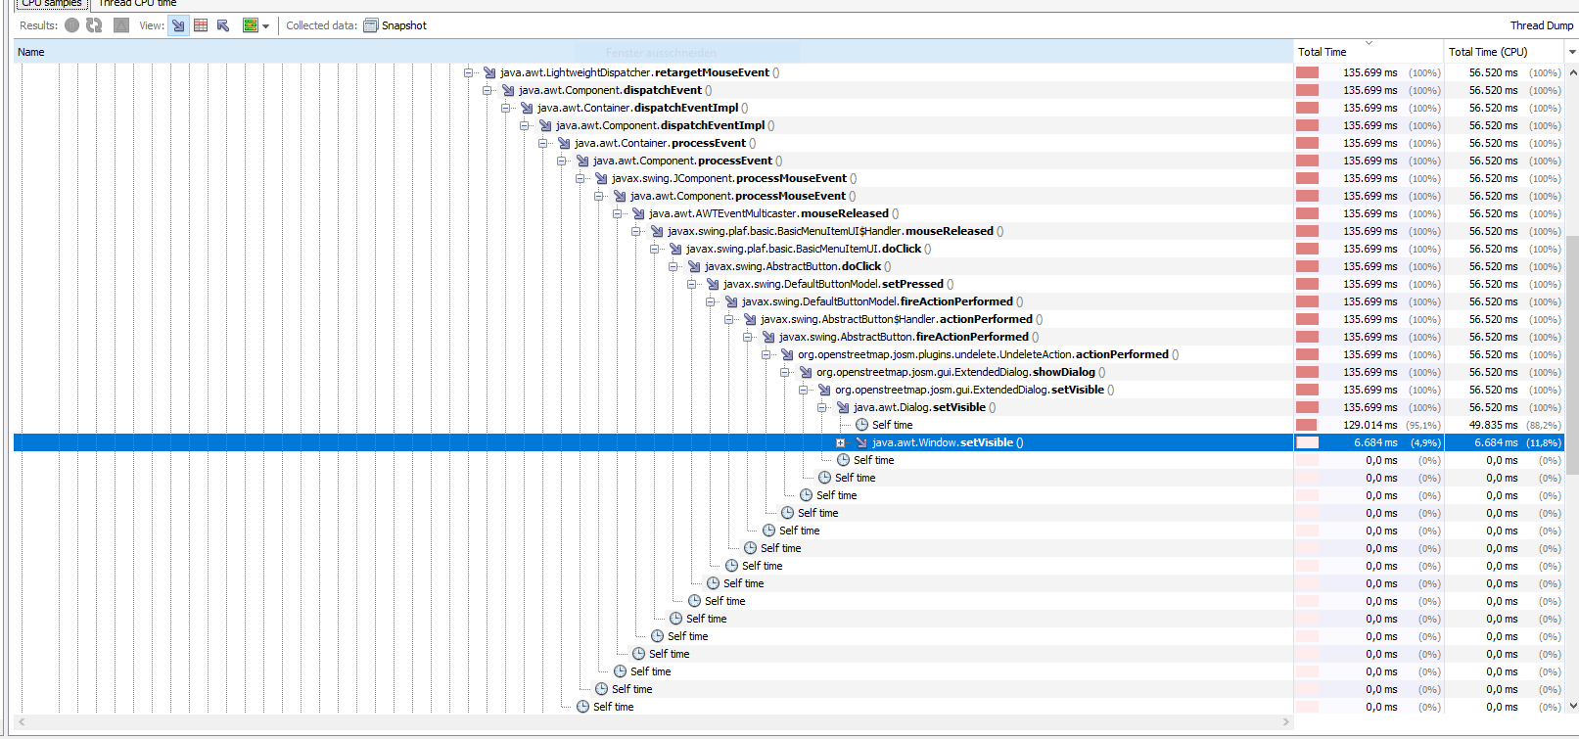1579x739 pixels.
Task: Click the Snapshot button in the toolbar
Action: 395,25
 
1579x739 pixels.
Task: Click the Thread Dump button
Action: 1542,25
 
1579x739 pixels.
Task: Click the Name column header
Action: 31,52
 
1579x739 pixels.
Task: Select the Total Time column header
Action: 1322,52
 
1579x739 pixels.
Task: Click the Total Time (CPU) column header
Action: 1487,52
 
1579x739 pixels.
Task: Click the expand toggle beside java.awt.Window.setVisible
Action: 840,442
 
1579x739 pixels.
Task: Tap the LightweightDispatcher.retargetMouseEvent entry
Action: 639,72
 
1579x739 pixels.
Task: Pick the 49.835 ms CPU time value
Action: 1493,425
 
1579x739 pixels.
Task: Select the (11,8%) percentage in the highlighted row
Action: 1544,442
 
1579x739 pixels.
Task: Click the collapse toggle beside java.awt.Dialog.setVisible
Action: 822,407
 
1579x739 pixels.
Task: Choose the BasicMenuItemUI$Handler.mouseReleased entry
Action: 835,231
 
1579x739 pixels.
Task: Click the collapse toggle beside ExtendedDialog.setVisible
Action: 803,390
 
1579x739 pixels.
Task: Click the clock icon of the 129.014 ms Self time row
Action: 861,425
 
